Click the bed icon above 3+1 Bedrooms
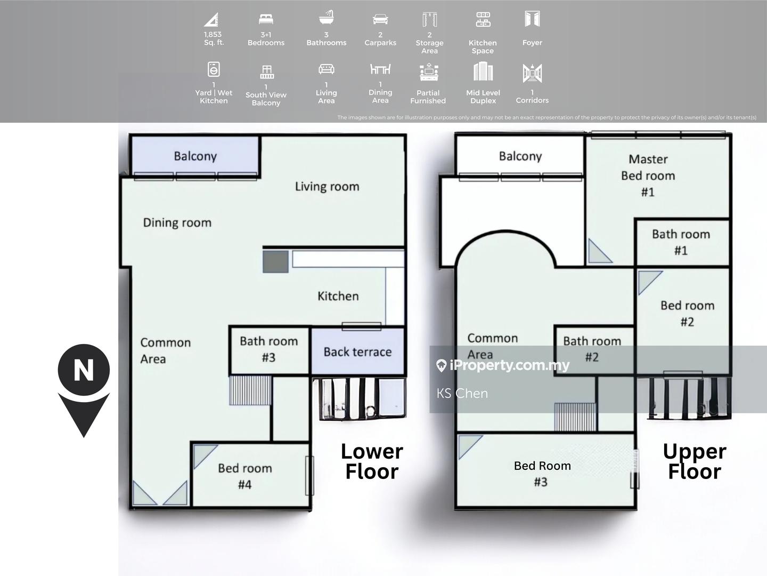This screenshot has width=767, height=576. (x=266, y=19)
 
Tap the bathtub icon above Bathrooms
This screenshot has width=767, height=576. (x=327, y=18)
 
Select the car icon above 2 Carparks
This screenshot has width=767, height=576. (x=380, y=19)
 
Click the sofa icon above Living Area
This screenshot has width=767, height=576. (x=327, y=69)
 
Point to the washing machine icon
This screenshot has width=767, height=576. (x=214, y=69)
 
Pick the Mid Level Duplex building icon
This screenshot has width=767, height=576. (x=483, y=71)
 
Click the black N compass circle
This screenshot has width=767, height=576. (x=84, y=370)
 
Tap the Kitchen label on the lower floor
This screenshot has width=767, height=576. (x=338, y=296)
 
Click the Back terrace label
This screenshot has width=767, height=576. (x=357, y=352)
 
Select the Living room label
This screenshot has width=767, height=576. (x=327, y=187)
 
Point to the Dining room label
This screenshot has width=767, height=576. (x=177, y=223)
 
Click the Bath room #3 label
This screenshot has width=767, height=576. (x=268, y=349)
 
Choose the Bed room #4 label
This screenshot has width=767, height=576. (x=245, y=476)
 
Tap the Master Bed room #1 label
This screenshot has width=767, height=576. (x=648, y=175)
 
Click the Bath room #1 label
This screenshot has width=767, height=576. (x=681, y=242)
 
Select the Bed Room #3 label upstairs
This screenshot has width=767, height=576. (x=542, y=474)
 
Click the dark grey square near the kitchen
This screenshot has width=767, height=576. (x=276, y=261)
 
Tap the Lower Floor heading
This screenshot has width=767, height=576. (x=372, y=461)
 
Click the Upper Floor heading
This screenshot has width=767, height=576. (x=695, y=461)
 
